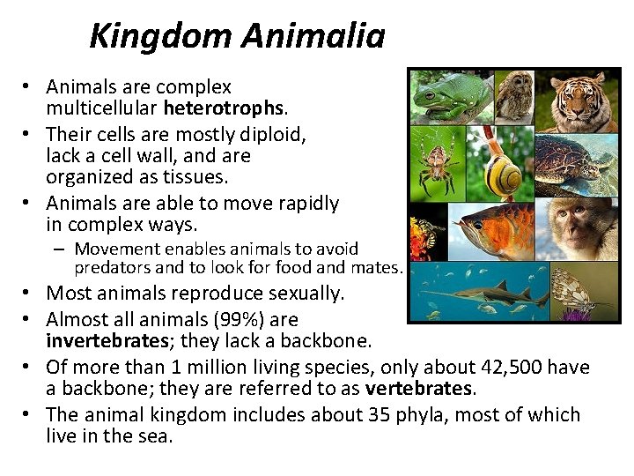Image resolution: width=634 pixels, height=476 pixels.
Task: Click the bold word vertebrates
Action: [419, 388]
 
